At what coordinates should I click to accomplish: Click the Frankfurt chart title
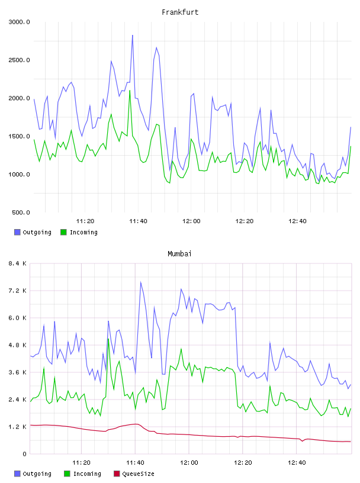(x=180, y=12)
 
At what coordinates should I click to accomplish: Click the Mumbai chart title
(x=179, y=254)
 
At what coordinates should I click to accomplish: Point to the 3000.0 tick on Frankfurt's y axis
(x=19, y=22)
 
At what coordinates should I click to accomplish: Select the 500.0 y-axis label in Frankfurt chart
(x=21, y=212)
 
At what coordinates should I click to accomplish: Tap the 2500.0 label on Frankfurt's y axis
(x=19, y=60)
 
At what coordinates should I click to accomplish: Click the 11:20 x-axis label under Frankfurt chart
(x=85, y=221)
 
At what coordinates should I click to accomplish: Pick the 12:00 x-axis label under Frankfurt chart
(x=191, y=221)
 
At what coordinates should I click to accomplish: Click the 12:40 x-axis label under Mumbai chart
(x=297, y=463)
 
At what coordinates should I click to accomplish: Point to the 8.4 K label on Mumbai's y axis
(x=18, y=263)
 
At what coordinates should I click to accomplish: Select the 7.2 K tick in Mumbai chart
(x=18, y=291)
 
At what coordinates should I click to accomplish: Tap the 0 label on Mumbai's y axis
(x=24, y=454)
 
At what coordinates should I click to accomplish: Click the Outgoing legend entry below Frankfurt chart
(x=33, y=232)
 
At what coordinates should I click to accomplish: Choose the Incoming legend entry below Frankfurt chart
(x=79, y=232)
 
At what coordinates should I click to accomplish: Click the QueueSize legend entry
(x=134, y=474)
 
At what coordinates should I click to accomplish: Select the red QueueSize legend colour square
(x=117, y=474)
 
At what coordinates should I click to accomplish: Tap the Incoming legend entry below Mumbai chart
(x=83, y=474)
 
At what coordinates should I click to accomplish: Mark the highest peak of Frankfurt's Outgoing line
(x=133, y=36)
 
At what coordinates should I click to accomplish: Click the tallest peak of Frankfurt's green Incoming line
(x=130, y=91)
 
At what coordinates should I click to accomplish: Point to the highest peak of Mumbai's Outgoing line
(x=140, y=282)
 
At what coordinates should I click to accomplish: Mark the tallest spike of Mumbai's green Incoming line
(x=108, y=339)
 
